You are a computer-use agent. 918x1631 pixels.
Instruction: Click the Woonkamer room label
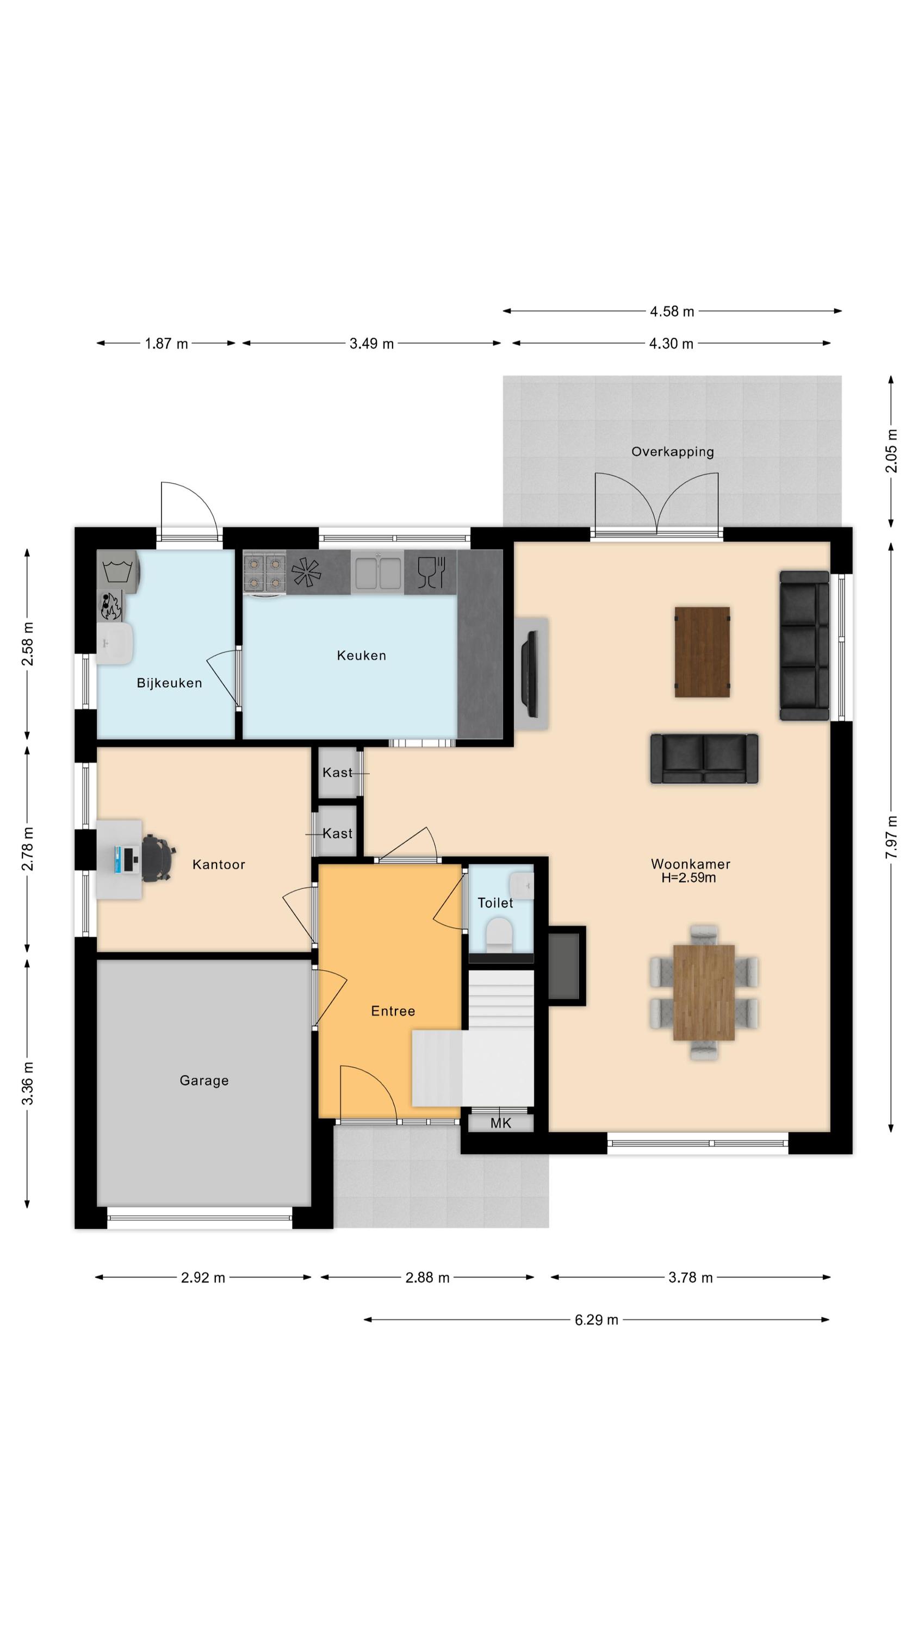coord(690,864)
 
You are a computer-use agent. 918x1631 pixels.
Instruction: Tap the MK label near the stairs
coord(500,1123)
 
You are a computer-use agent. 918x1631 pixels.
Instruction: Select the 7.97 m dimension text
coord(891,837)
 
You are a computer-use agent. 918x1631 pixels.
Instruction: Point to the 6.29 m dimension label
coord(596,1320)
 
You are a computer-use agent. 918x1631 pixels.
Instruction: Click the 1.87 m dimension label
coord(166,344)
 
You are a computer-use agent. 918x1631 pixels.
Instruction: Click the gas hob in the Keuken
coord(265,572)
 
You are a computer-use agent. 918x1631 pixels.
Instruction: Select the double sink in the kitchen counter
coord(377,572)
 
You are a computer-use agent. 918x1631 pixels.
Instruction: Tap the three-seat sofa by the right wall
coord(804,645)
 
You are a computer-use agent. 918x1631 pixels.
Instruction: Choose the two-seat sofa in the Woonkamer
coord(704,758)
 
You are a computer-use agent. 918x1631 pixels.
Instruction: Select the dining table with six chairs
coord(703,992)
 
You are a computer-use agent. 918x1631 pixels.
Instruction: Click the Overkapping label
coord(673,451)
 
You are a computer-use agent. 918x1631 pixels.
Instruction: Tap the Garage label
coord(204,1080)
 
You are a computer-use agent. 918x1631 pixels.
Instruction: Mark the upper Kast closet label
coord(337,773)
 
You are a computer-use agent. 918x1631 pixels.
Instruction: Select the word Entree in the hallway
coord(393,1011)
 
